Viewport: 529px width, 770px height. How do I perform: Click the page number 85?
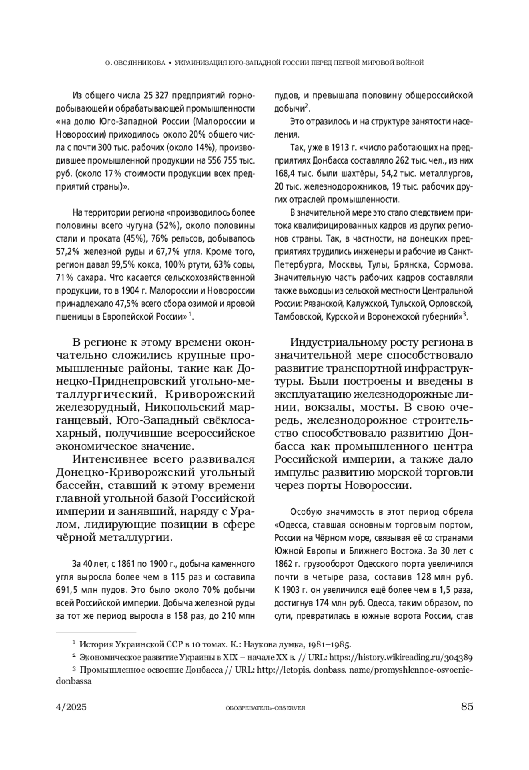467,707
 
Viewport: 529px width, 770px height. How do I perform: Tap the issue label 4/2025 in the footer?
71,707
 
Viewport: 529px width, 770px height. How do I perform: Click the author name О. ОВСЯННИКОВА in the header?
134,63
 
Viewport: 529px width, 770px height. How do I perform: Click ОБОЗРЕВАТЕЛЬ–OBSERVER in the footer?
265,708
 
